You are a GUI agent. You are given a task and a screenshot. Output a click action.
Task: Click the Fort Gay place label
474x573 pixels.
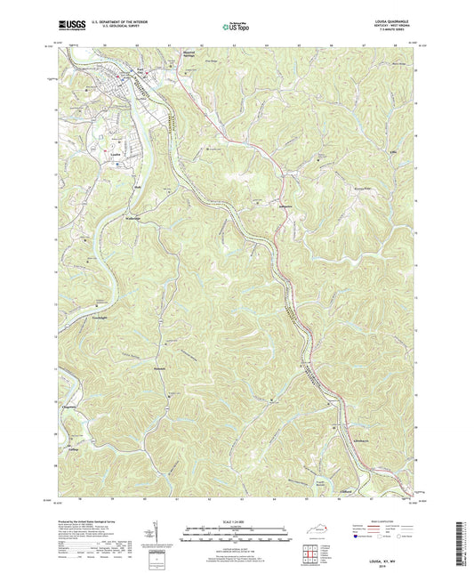coord(140,69)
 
